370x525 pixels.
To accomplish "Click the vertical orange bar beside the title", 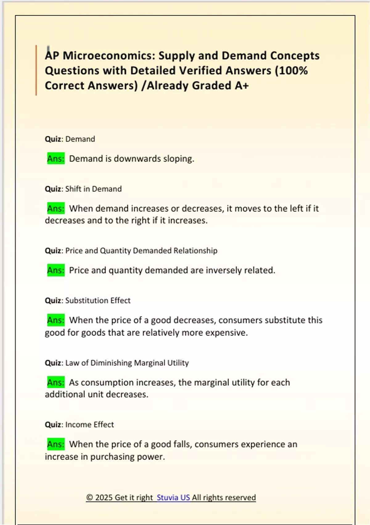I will tap(36, 70).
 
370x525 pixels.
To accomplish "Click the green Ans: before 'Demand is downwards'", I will tap(56, 159).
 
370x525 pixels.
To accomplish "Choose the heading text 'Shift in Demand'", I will tap(93, 189).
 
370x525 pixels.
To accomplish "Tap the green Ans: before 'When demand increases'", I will tap(56, 209).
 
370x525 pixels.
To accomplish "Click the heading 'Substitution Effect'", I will tap(98, 300).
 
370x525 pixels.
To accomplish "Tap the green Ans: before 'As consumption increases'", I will tap(56, 383).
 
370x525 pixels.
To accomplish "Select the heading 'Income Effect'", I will tap(89, 425).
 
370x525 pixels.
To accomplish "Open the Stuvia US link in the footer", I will tap(173, 498).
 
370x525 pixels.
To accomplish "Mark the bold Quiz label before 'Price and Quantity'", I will tap(53, 251).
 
